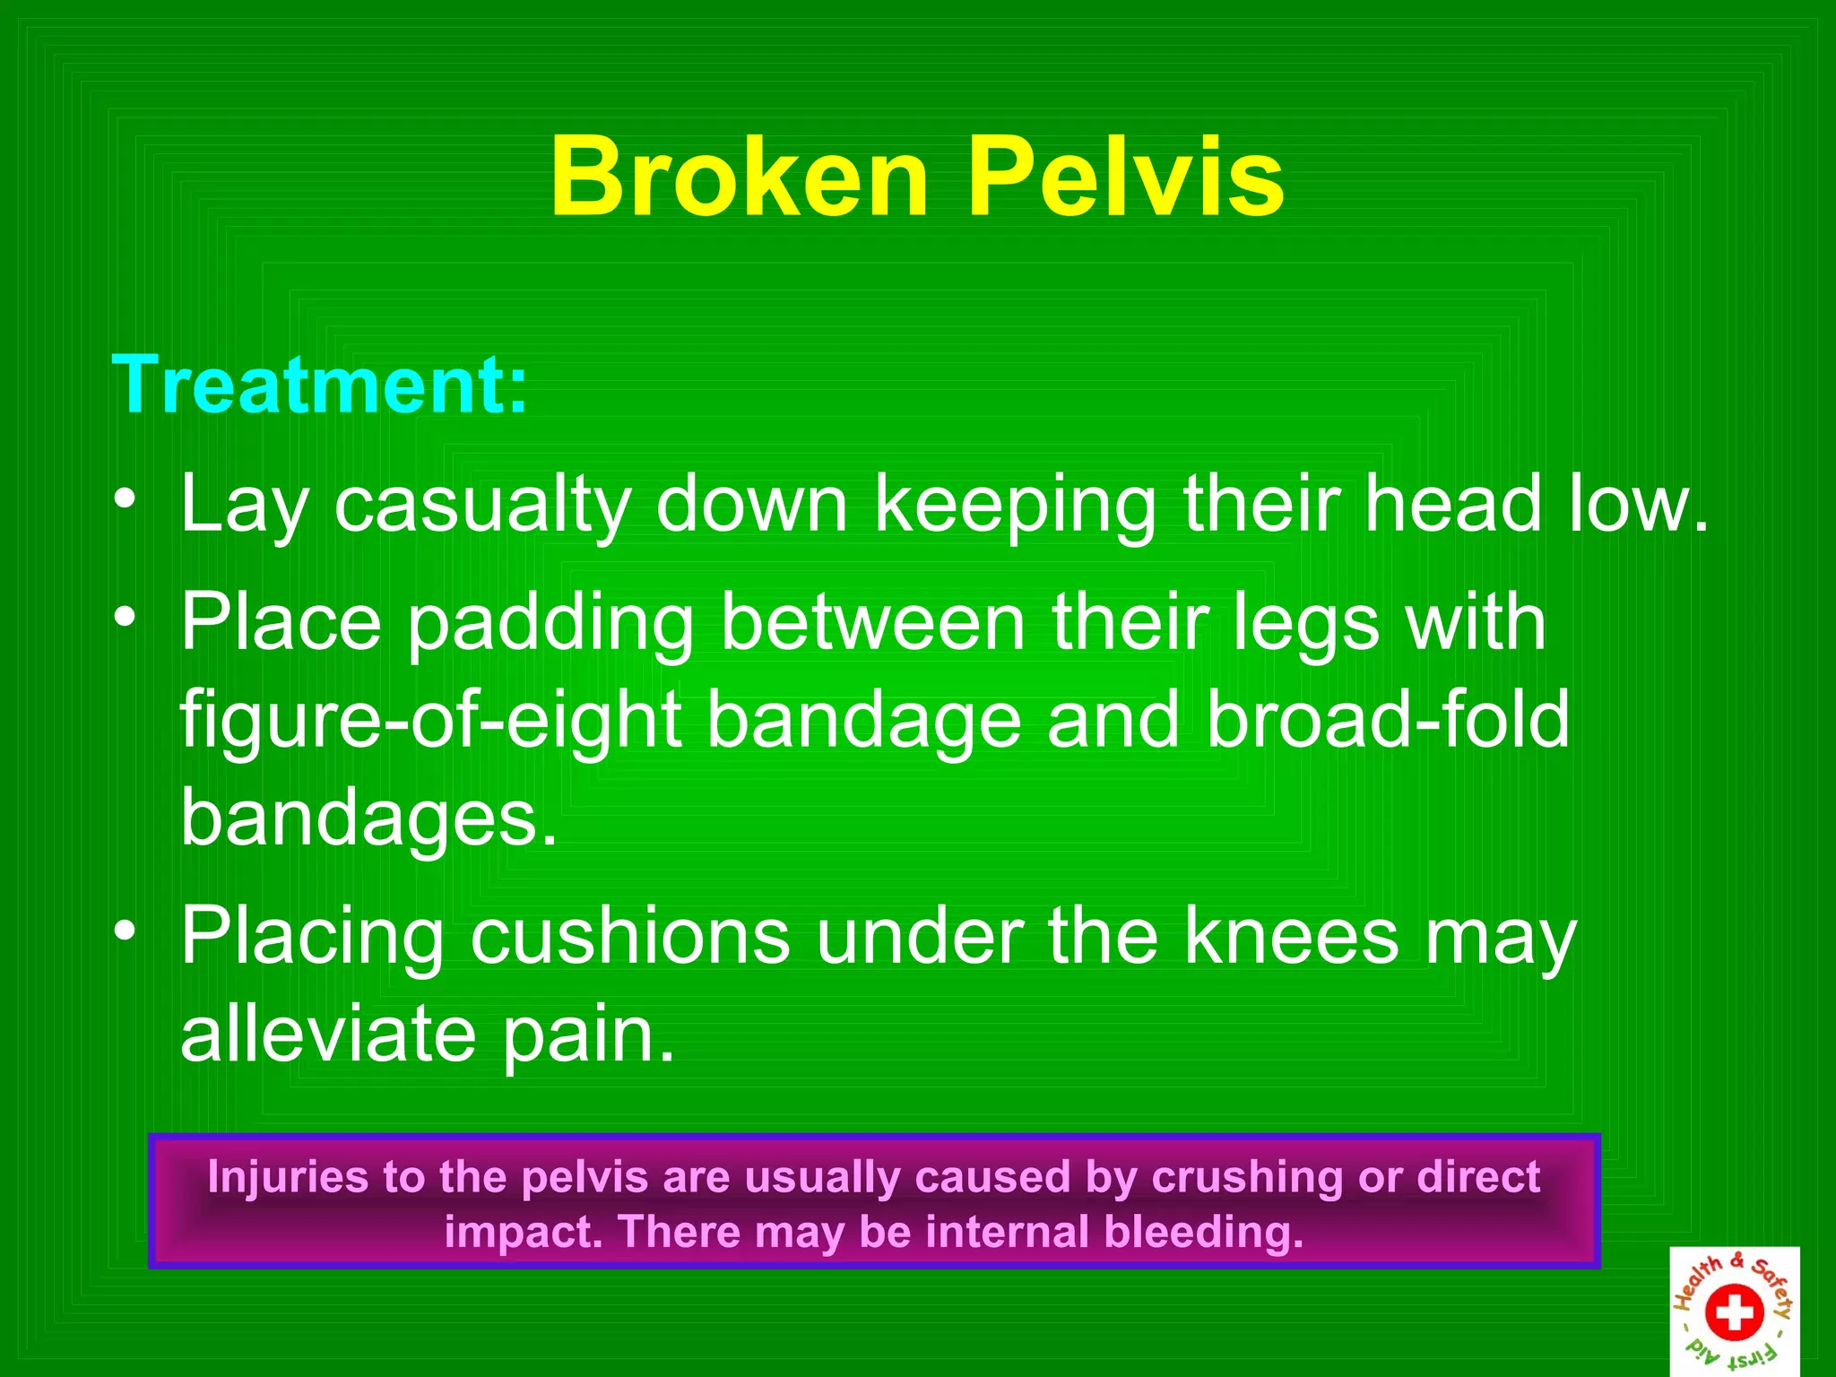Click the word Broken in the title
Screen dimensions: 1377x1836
(739, 177)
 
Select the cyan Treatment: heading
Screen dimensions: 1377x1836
(320, 385)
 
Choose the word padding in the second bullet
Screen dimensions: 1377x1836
(550, 625)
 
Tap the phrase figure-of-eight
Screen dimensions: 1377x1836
(430, 723)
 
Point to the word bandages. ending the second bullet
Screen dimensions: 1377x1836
(368, 818)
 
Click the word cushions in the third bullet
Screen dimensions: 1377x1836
(629, 936)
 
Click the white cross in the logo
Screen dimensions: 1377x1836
(1735, 1312)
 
